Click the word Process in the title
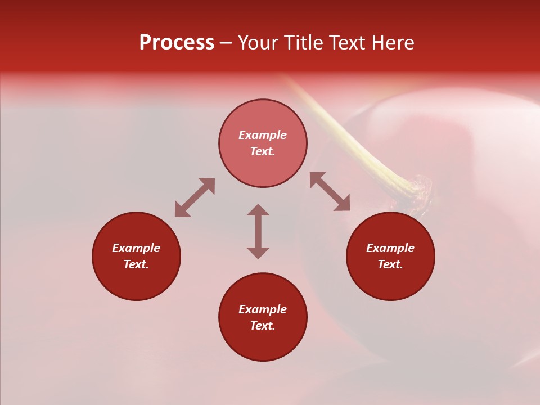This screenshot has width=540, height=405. coord(177,43)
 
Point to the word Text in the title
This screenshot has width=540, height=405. coord(347,43)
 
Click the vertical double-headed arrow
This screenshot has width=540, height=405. coord(258,231)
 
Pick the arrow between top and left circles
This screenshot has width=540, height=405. coord(195,197)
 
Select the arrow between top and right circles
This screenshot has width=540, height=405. coord(330,191)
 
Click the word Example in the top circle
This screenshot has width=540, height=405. coord(263,135)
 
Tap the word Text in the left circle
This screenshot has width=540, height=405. coord(136,264)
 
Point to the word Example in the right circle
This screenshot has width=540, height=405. coord(390,248)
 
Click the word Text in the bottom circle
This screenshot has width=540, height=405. coord(263,326)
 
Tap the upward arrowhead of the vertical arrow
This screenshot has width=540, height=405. coord(258,210)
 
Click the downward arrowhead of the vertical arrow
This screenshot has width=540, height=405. coord(258,253)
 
